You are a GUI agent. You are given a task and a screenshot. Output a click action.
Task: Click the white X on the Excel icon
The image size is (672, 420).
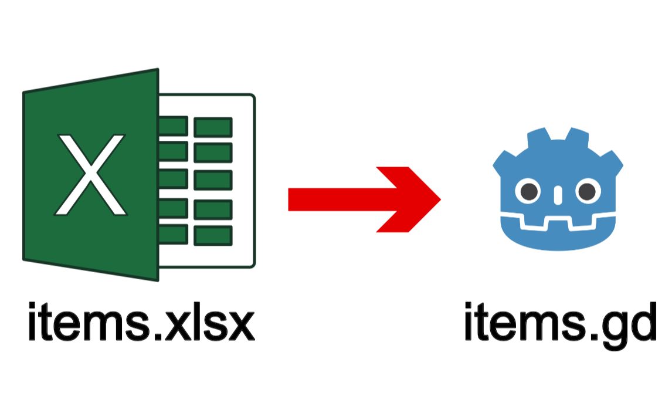coord(90,174)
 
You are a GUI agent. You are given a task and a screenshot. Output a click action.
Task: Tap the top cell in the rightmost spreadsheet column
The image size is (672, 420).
coord(213,127)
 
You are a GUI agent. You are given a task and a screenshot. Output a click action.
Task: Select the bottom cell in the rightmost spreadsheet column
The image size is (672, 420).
coord(213,235)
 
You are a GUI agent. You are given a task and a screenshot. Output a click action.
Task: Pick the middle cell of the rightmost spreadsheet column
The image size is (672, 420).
coord(213,181)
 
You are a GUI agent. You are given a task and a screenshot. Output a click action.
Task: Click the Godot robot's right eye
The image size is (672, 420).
coord(585,191)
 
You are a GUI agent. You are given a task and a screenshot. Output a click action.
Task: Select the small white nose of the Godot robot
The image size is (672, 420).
coord(557,193)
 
